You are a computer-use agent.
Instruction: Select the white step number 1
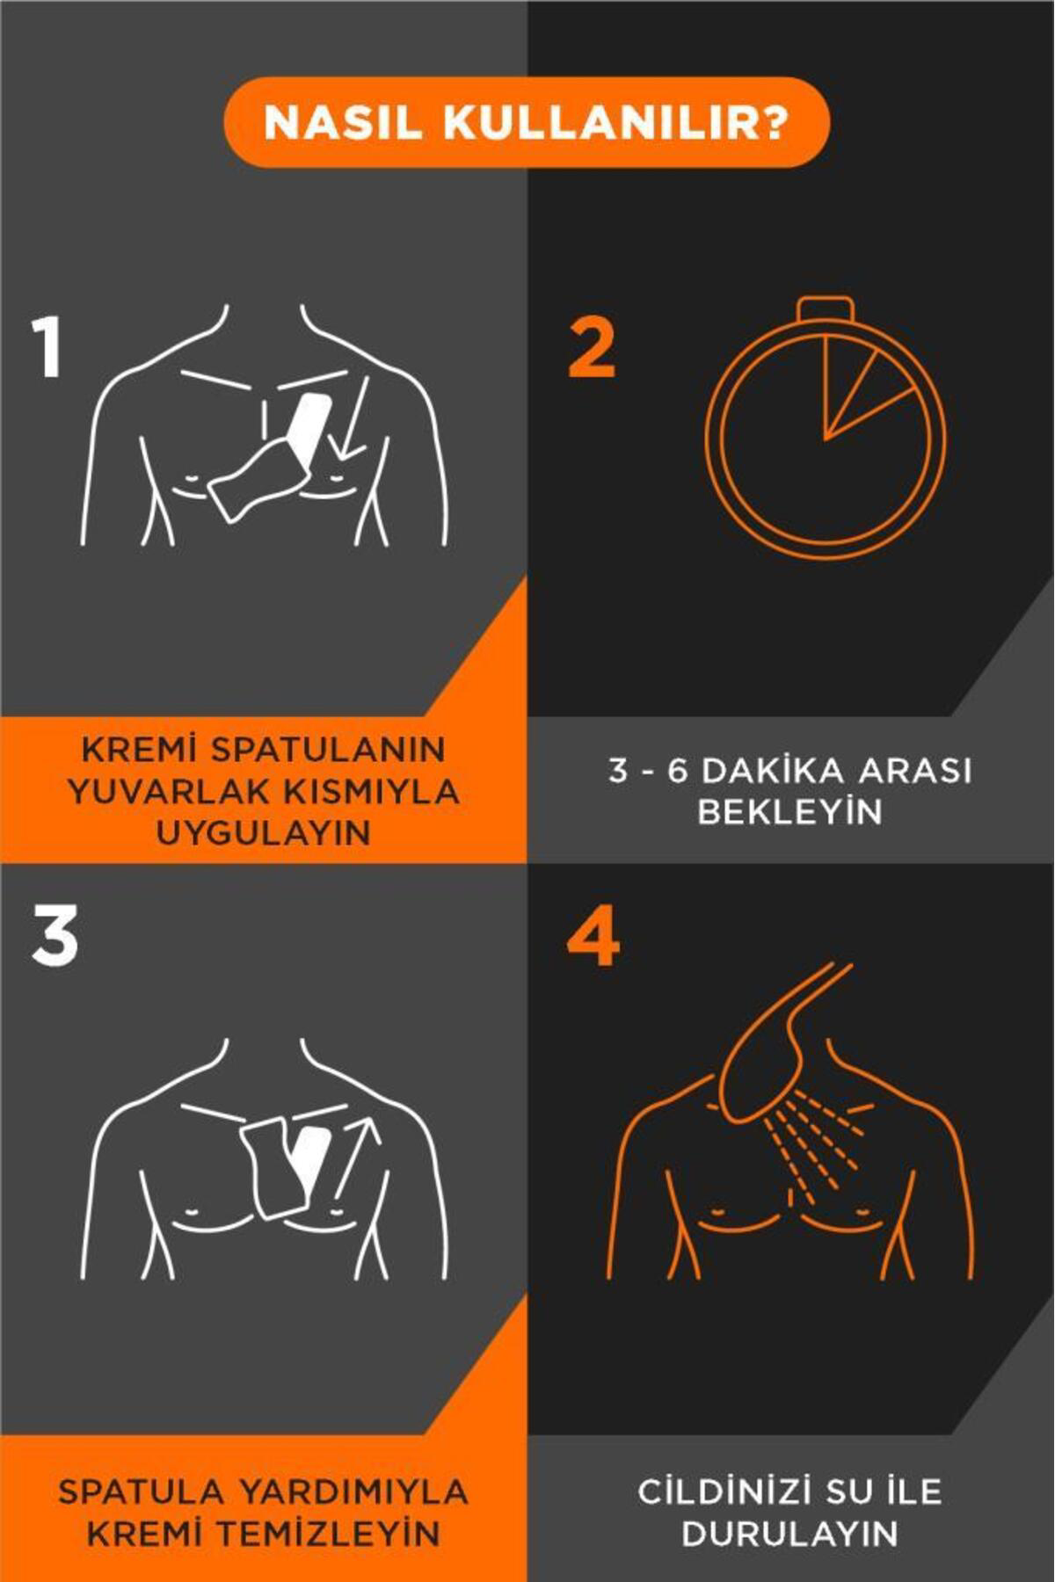coord(47,348)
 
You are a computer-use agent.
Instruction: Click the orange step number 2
coord(591,348)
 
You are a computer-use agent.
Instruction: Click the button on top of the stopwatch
coord(826,310)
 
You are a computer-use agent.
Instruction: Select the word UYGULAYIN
coord(264,832)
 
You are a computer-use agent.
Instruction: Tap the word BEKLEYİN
coord(789,811)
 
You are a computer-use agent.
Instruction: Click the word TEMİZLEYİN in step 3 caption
coord(327,1534)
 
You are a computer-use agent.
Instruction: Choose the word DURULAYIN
coord(789,1534)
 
